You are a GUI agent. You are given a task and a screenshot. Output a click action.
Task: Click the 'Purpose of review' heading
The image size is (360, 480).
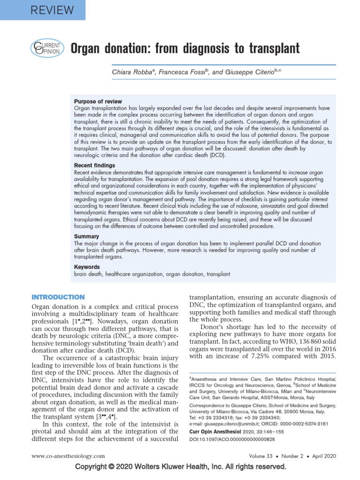pos(98,101)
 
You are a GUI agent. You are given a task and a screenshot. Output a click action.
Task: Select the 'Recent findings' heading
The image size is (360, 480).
pos(94,165)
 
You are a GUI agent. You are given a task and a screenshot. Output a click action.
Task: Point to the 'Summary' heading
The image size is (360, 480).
pos(87,236)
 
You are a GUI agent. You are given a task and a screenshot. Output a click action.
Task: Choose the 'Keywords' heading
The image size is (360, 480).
pos(87,267)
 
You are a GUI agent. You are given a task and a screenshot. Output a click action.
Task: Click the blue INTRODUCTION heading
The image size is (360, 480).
pos(58,297)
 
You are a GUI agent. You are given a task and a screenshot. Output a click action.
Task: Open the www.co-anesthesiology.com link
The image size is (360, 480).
pos(68,456)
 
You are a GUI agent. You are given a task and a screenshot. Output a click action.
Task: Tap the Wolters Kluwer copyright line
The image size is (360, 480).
pos(180,467)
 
